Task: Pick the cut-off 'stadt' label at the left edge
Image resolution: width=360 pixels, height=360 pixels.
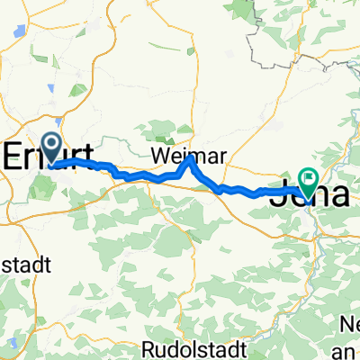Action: coord(27,266)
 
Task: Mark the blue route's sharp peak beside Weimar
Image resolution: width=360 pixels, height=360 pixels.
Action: coord(188,159)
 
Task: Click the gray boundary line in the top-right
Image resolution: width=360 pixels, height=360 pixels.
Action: coord(297,54)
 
